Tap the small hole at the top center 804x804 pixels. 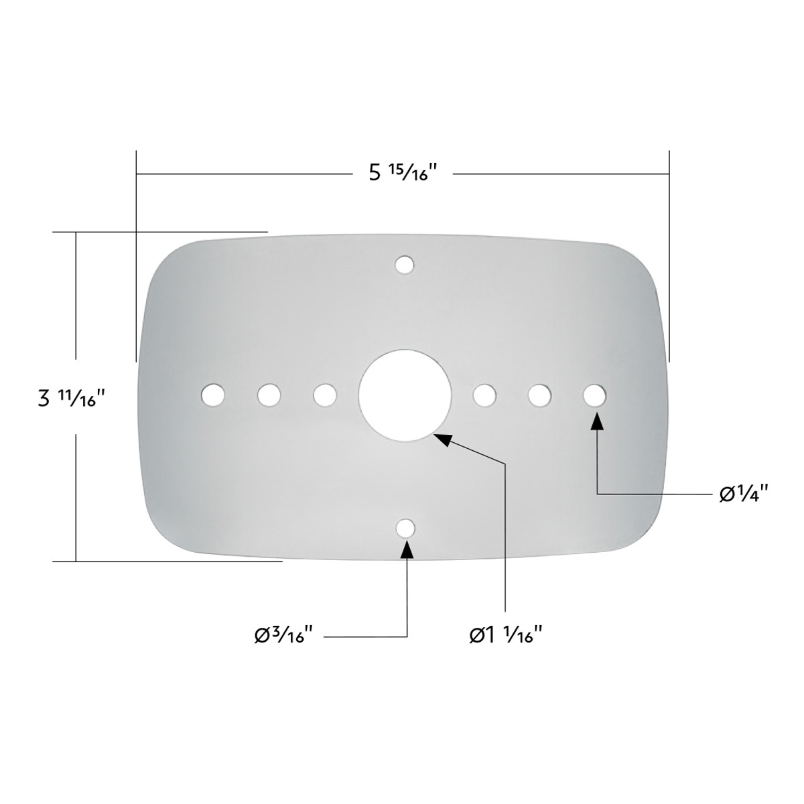point(403,265)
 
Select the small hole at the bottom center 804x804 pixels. point(404,528)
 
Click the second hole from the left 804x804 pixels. point(269,394)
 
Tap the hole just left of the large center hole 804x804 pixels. point(325,394)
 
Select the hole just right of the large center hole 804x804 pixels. point(484,395)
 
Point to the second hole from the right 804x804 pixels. point(539,395)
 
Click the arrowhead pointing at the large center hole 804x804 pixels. point(442,438)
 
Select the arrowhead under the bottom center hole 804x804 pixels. point(406,549)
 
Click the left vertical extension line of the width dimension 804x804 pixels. point(137,255)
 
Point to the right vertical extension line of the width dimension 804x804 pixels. point(669,255)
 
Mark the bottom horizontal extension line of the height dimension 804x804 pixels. point(167,561)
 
